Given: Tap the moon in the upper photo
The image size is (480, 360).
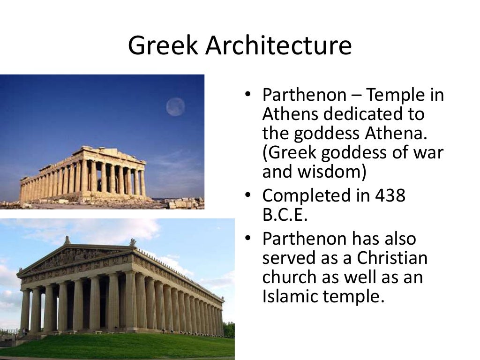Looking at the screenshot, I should click(x=175, y=107).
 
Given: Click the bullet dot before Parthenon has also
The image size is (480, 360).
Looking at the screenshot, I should click(x=248, y=239).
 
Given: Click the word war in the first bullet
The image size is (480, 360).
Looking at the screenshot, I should click(x=428, y=152).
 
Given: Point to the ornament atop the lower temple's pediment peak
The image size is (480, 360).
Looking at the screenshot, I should click(x=67, y=240).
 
